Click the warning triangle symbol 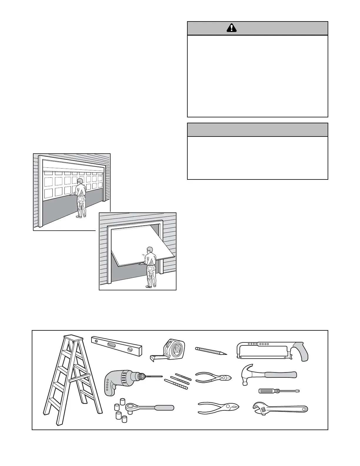pos(232,28)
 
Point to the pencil pos(211,351)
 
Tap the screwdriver pos(279,391)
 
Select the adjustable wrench pos(279,409)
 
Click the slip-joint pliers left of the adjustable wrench pos(218,408)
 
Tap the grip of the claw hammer pos(281,375)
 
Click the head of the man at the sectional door pos(80,181)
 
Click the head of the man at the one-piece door pos(149,249)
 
